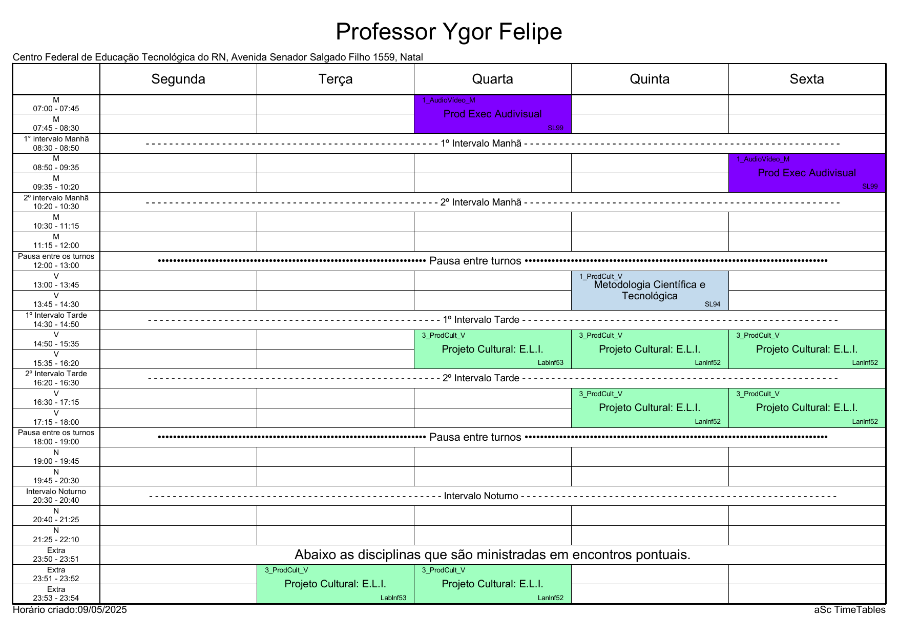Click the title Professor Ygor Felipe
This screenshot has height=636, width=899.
449,32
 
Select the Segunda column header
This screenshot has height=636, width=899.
178,79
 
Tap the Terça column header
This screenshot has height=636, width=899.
336,79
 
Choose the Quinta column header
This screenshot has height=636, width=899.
650,79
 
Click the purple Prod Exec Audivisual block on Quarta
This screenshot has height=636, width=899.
493,114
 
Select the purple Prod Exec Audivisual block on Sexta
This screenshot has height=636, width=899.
807,173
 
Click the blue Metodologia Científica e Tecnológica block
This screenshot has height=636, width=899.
650,291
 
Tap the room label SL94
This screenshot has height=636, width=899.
713,304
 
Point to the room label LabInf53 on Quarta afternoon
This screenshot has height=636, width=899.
551,363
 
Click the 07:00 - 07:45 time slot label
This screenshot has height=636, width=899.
56,109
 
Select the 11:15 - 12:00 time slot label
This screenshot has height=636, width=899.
56,245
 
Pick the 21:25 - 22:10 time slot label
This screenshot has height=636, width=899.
56,540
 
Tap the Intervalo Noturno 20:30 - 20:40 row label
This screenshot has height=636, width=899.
56,496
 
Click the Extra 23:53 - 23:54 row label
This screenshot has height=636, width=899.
56,593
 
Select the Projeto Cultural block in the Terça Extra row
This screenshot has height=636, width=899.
336,584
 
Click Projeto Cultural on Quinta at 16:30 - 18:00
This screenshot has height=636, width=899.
650,407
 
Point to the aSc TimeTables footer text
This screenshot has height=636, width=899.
850,610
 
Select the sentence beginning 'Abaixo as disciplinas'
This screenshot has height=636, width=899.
493,555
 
